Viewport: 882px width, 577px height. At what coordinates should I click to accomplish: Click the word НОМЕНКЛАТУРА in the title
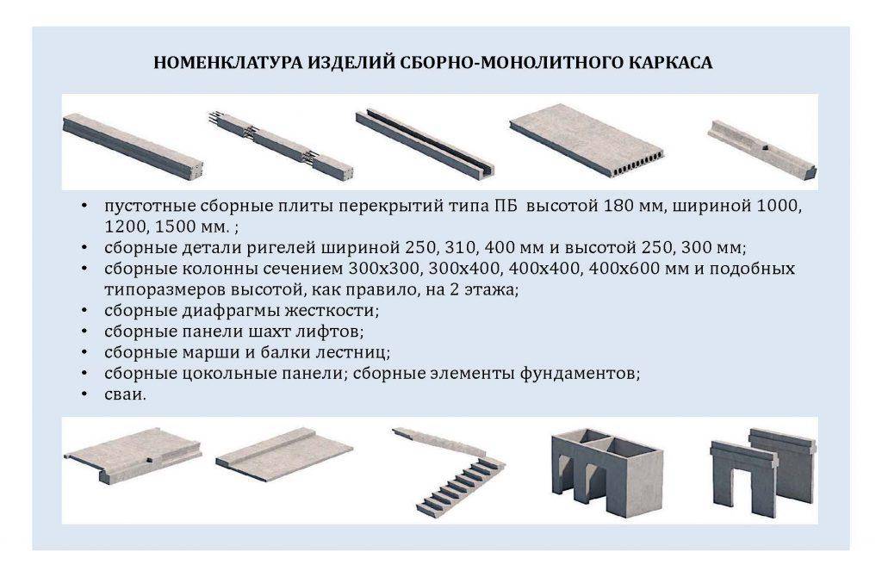(x=227, y=62)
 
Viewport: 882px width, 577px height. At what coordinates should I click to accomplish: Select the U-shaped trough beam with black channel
(x=425, y=143)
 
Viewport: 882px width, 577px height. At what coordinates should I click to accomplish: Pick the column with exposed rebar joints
(x=282, y=145)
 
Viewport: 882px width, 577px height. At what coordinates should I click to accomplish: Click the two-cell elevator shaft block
(x=607, y=473)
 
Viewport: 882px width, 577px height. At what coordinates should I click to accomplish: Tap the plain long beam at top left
(x=132, y=146)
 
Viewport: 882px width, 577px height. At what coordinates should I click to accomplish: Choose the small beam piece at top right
(x=762, y=150)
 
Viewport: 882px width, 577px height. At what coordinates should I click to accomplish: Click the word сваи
(x=125, y=394)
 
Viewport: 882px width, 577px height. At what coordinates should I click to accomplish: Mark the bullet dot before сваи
(x=84, y=394)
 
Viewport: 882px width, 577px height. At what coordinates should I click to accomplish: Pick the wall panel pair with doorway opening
(x=763, y=473)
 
